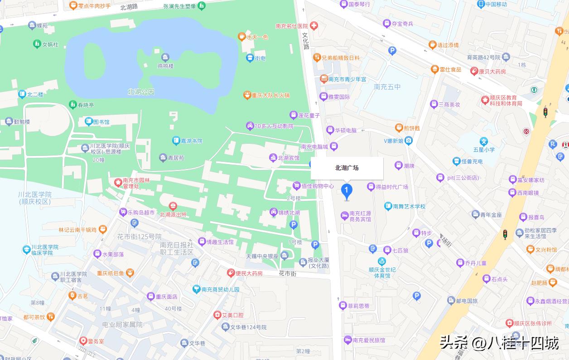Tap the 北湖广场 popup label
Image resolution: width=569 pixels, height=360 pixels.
347,168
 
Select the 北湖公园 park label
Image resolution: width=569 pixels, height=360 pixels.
141,92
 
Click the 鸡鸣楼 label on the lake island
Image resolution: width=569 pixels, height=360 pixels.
165,66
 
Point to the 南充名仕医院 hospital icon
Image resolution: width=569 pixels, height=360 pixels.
313,26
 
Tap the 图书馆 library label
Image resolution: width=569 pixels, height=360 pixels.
101,122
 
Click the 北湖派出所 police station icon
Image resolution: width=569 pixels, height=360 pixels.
173,207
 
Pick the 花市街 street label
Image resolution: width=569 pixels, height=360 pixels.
287,274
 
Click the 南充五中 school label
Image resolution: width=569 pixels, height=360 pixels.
387,87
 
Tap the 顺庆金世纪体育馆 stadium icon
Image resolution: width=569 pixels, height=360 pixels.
382,261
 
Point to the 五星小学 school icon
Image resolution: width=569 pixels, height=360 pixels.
484,141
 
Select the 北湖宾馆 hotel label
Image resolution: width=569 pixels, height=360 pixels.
289,158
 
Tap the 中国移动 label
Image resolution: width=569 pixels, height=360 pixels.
496,5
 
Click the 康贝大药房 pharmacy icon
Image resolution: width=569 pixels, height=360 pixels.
474,71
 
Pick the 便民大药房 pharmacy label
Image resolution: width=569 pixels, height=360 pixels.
249,273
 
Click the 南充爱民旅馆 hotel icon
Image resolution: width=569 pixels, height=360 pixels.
347,340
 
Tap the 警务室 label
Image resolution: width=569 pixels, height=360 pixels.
96,341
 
